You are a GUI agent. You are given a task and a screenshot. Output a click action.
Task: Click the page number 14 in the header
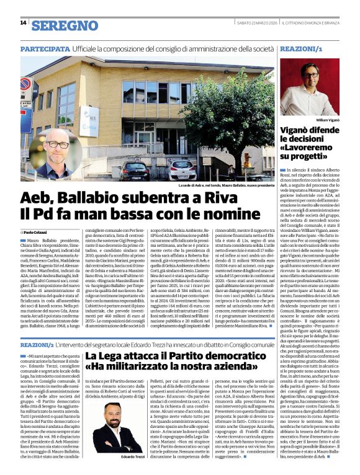tap(24, 23)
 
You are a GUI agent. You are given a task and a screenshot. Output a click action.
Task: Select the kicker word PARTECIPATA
tap(44, 48)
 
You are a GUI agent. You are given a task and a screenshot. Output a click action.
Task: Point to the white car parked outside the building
tap(181, 167)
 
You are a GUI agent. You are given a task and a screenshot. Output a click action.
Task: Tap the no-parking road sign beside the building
tap(26, 85)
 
